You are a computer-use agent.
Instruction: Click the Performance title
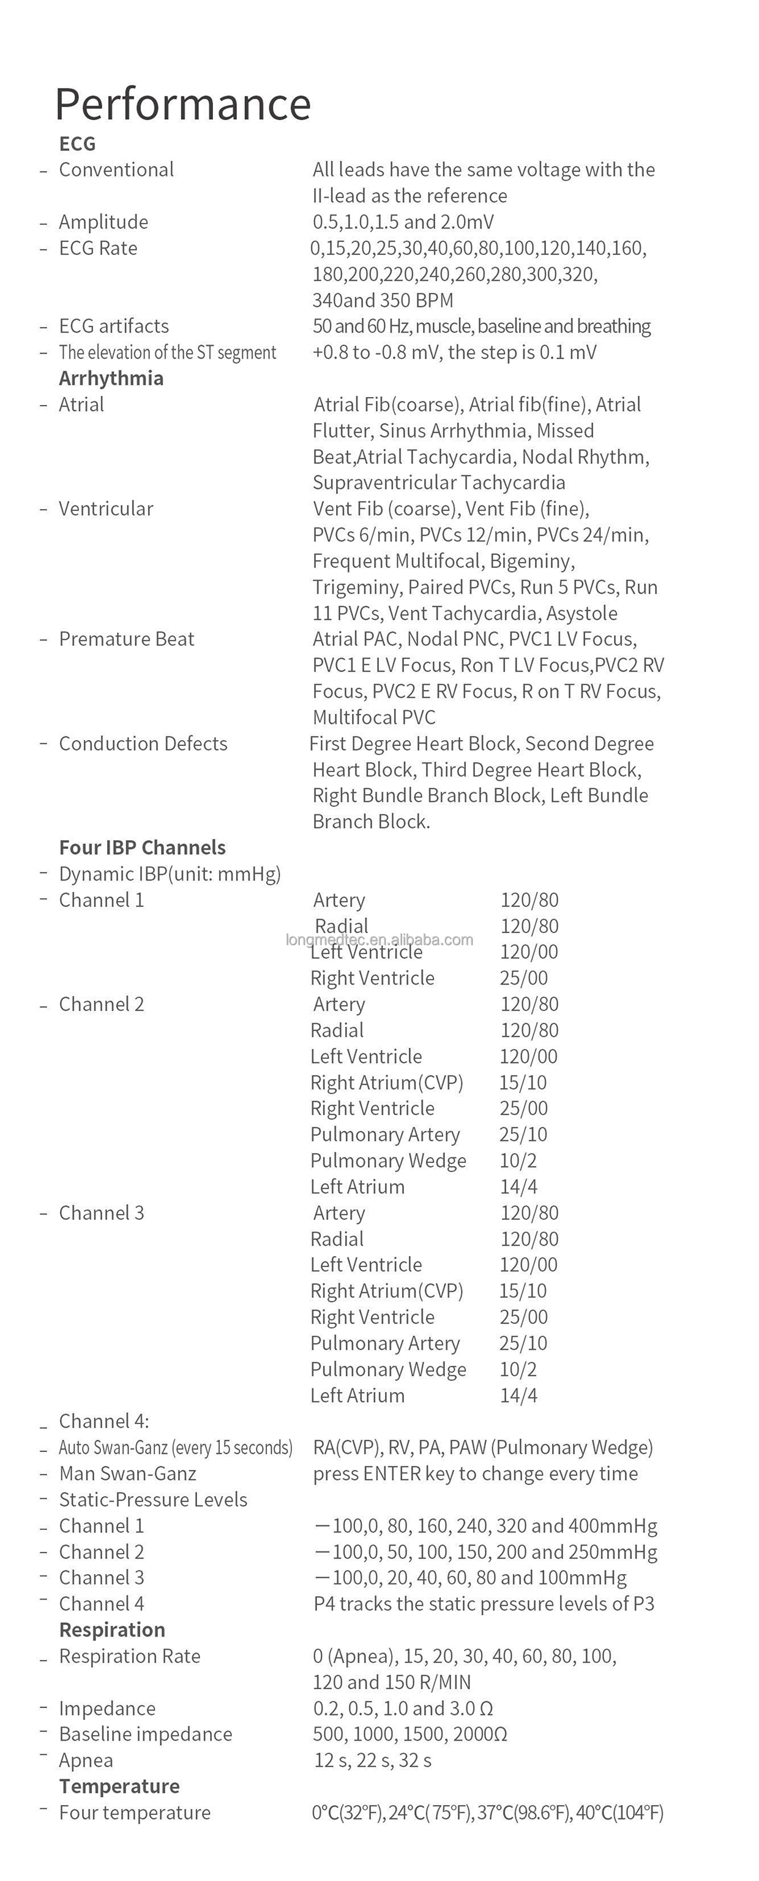pos(182,104)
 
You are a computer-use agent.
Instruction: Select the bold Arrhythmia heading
pos(111,378)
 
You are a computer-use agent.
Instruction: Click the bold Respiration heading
pos(111,1629)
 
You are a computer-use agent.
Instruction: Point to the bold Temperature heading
pos(119,1785)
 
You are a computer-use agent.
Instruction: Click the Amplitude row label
pos(103,222)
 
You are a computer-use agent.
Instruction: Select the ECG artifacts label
pos(114,326)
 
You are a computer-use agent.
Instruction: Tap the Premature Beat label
pos(126,639)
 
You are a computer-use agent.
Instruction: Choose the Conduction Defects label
pos(143,743)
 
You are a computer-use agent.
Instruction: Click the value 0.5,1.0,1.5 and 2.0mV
pos(403,222)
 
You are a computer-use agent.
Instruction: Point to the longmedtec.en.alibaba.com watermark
pos(379,940)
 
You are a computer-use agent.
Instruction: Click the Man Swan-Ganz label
pos(128,1473)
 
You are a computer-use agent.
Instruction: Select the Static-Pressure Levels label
pos(153,1499)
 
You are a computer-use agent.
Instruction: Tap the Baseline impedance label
pos(145,1733)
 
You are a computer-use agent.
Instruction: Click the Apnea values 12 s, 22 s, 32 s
pos(373,1760)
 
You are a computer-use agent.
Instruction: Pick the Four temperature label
pos(134,1812)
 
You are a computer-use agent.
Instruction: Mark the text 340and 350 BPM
pos(383,300)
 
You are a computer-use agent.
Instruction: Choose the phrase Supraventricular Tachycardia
pos(439,483)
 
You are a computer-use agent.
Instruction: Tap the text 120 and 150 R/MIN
pos(392,1682)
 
